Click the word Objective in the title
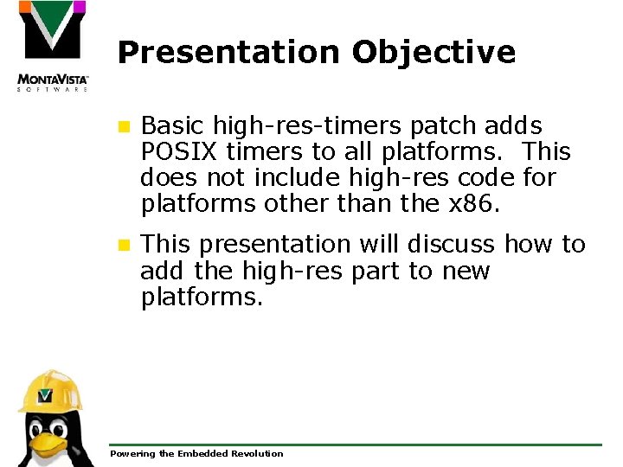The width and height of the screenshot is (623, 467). click(434, 53)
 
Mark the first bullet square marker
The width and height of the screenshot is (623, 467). click(125, 127)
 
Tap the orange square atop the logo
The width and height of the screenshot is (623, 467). click(25, 8)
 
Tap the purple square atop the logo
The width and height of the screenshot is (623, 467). click(79, 8)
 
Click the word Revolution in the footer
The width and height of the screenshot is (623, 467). click(254, 453)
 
